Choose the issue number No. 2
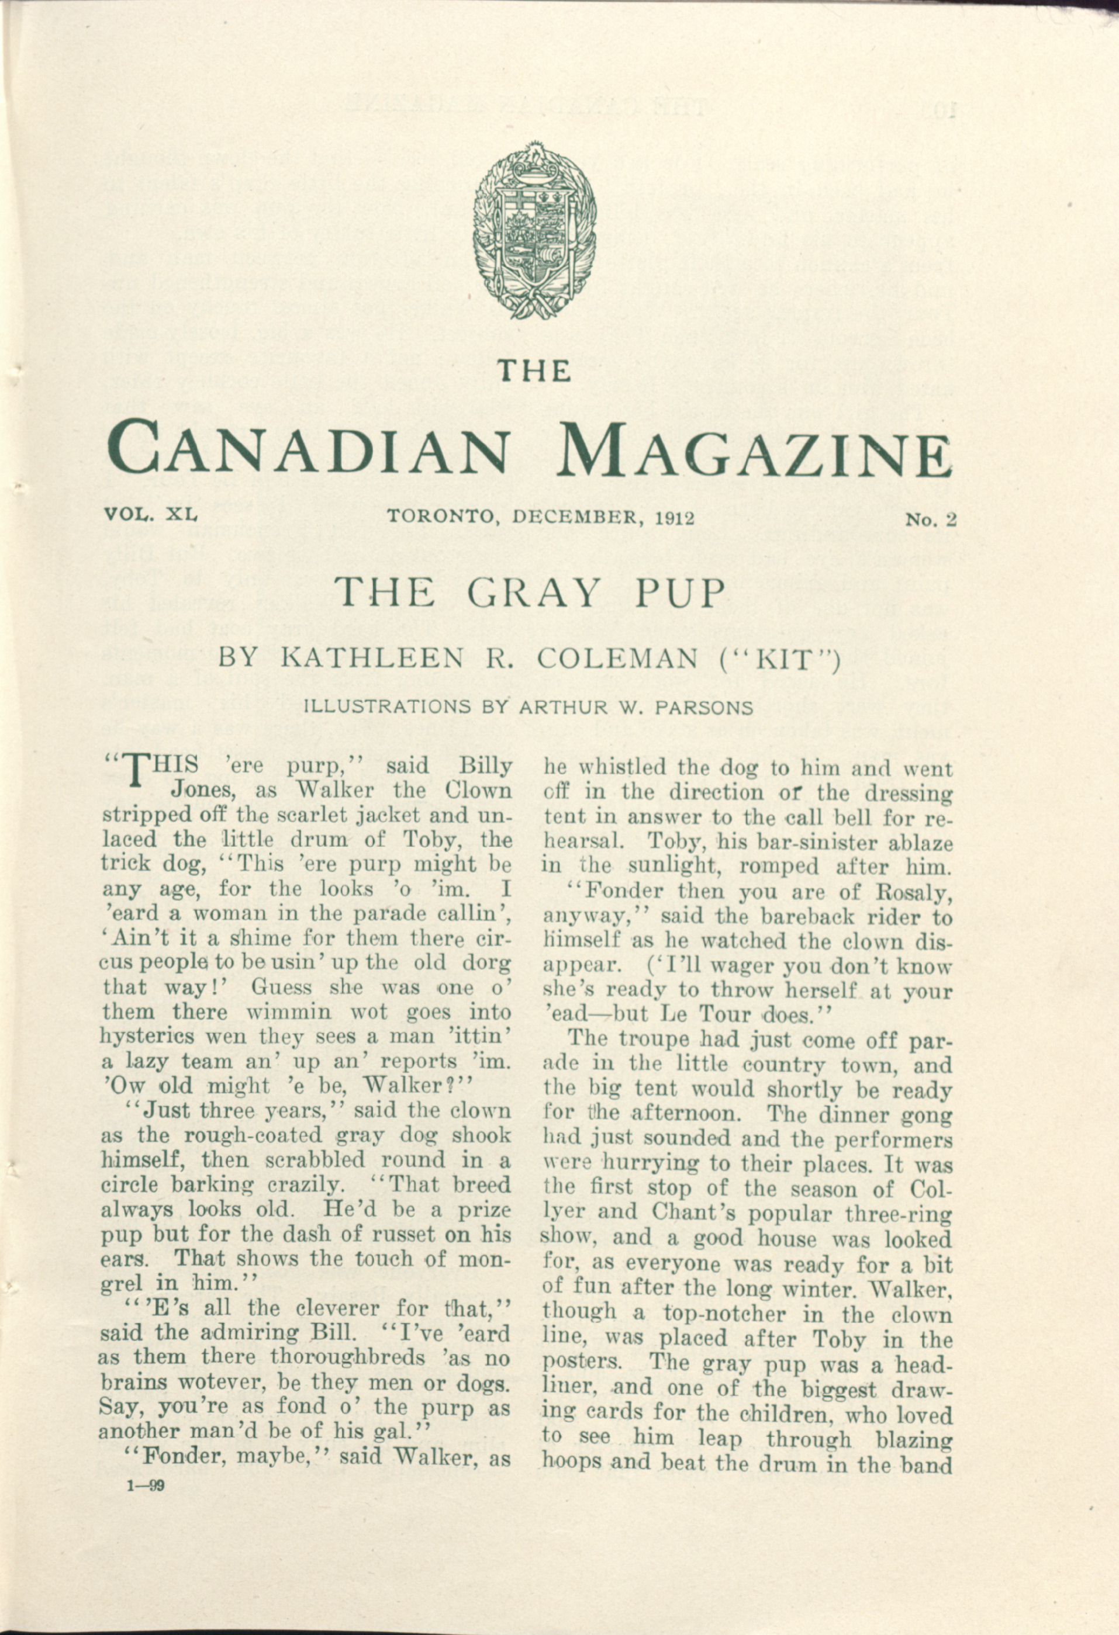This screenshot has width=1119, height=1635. (x=932, y=520)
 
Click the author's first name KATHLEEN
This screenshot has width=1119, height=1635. (x=372, y=659)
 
